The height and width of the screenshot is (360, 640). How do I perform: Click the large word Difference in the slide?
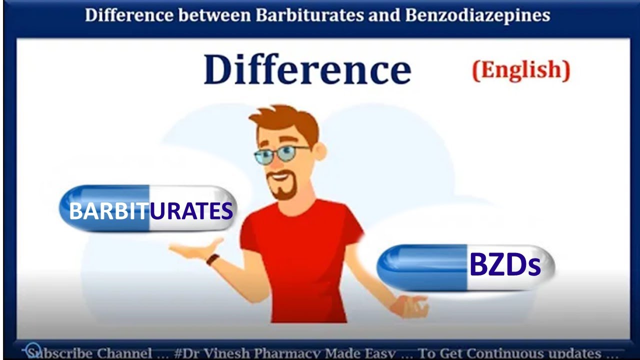[307, 69]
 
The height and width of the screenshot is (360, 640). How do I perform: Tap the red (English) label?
[521, 70]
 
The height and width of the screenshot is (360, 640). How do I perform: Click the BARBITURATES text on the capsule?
[150, 211]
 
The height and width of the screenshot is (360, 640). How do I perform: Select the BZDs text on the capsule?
[505, 265]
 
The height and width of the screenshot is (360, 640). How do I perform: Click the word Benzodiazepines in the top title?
[477, 15]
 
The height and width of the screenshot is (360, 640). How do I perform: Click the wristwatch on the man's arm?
[213, 259]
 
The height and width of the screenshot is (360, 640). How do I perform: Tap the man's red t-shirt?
[300, 250]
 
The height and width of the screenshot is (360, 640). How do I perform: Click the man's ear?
[320, 150]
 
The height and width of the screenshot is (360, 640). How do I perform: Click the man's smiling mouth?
[280, 177]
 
